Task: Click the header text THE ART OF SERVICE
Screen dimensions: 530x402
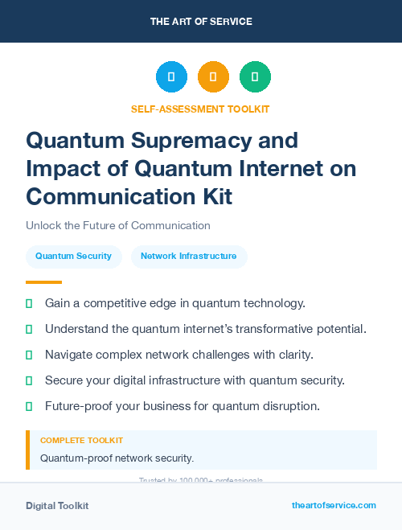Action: click(x=200, y=21)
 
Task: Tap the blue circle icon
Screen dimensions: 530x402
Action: click(x=171, y=77)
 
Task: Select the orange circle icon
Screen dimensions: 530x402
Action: click(x=213, y=77)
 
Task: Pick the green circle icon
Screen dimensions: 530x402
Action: click(x=255, y=77)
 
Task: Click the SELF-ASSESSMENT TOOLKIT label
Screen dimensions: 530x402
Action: click(x=200, y=109)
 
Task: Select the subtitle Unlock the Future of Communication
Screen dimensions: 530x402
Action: click(x=117, y=226)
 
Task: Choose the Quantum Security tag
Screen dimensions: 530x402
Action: click(x=73, y=257)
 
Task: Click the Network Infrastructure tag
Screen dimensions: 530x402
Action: click(x=188, y=257)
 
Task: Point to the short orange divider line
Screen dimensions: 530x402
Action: click(x=43, y=282)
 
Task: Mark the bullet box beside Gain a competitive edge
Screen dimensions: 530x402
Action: click(x=29, y=303)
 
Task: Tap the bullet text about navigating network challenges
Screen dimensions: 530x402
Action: click(x=178, y=355)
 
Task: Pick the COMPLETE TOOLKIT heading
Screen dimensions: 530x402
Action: click(x=81, y=441)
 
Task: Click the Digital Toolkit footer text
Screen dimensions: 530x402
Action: click(x=57, y=505)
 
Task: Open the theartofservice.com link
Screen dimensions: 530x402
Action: click(x=334, y=505)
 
